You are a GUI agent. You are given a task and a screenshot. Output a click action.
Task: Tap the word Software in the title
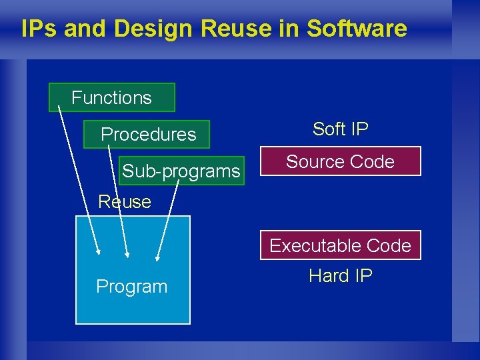tap(357, 29)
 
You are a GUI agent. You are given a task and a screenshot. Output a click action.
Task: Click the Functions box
tap(111, 97)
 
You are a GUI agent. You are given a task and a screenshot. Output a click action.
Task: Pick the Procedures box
tap(147, 134)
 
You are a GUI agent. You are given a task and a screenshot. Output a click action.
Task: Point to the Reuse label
tap(125, 201)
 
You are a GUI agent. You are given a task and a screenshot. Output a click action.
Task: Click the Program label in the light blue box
tap(132, 287)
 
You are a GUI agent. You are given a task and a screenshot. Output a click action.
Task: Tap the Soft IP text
tap(340, 129)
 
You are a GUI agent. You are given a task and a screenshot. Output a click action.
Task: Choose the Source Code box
tap(340, 161)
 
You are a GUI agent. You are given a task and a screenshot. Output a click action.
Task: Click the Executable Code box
tap(340, 245)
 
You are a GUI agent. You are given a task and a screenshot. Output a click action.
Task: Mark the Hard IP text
tap(340, 275)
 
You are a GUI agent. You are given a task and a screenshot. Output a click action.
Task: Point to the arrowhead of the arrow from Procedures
tap(128, 254)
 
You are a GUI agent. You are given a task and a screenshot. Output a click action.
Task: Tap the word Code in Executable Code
tap(389, 245)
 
